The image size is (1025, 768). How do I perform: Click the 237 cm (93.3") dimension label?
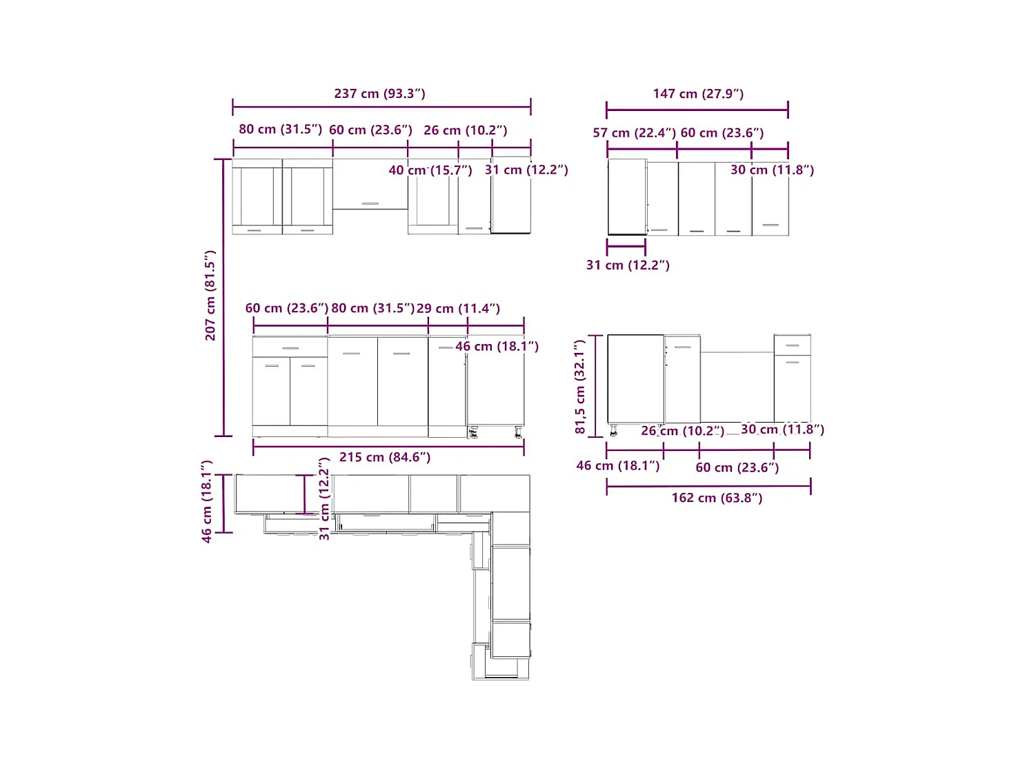[379, 93]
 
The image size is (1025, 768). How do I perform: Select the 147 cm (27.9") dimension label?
[698, 94]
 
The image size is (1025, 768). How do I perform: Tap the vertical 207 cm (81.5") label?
[210, 295]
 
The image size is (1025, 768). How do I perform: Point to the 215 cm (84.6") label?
[385, 457]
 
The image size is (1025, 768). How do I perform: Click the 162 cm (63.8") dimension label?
[717, 498]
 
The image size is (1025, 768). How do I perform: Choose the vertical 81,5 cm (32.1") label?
[580, 387]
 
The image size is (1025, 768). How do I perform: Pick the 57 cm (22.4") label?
[634, 133]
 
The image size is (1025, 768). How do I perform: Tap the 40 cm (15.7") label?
[430, 170]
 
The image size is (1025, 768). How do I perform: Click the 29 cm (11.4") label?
[458, 308]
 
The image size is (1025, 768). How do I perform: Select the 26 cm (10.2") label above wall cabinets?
[465, 130]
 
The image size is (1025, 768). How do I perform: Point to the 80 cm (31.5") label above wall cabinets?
[281, 129]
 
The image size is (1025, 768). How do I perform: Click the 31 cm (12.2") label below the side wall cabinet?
[628, 265]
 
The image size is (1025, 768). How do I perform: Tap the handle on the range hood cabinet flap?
[370, 203]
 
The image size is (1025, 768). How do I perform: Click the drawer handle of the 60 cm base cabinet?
[290, 348]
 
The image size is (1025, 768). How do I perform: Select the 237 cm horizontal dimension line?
[381, 107]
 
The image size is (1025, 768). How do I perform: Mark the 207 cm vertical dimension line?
[223, 298]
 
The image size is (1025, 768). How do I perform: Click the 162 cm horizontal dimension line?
[708, 486]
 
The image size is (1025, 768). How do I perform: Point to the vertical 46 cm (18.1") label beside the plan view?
[207, 502]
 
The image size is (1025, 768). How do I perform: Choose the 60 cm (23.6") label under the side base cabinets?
[737, 467]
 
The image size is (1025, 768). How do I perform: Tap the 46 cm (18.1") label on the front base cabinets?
[497, 346]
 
